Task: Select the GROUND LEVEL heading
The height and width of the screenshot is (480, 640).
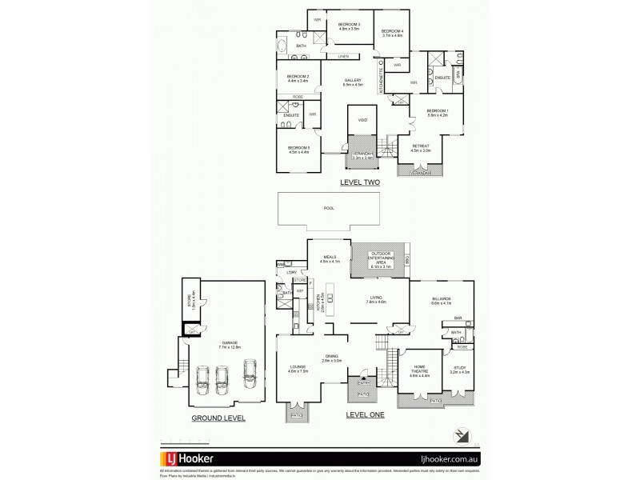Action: pyautogui.click(x=218, y=418)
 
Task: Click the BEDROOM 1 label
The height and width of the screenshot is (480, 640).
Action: pyautogui.click(x=437, y=112)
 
